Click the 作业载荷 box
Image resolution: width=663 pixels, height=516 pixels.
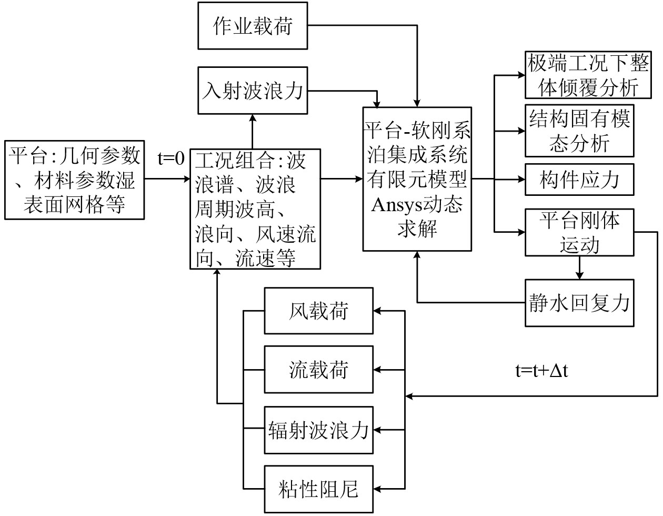tap(253, 25)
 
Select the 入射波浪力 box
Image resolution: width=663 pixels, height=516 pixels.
tap(253, 91)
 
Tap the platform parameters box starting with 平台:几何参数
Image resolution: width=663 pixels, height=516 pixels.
tap(74, 180)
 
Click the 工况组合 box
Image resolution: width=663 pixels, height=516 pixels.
tap(255, 209)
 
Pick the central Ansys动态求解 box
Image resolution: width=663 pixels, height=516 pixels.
tap(417, 179)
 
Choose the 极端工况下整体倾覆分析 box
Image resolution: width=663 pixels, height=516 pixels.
tap(579, 75)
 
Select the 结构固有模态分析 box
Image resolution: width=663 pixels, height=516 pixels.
tap(579, 131)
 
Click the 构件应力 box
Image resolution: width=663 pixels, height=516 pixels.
tap(579, 180)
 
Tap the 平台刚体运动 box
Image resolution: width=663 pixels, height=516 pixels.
tap(579, 232)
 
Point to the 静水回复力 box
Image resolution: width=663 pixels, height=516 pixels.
tap(579, 303)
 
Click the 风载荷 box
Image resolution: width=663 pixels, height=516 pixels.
tap(319, 311)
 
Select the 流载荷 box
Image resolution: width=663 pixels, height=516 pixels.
tap(319, 370)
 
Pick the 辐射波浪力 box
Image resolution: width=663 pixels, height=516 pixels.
tap(319, 430)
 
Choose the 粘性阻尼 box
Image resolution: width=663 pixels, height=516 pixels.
tap(319, 489)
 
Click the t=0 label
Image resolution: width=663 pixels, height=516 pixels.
tap(172, 158)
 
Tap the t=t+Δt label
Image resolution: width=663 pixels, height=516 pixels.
tap(541, 371)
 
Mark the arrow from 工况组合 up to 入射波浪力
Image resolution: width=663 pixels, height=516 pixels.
tap(253, 131)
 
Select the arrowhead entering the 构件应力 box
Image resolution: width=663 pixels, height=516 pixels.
tap(521, 180)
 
